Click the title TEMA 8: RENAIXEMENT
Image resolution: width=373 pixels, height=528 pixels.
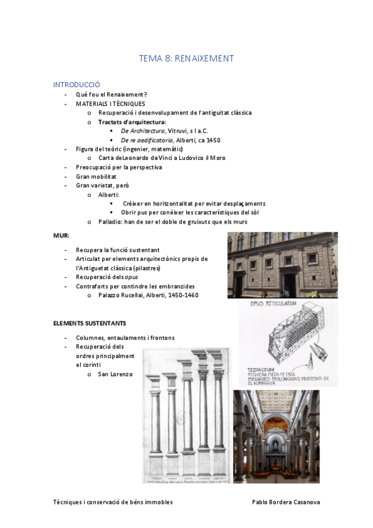pos(186,59)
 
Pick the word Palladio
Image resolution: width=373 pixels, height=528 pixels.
pos(110,222)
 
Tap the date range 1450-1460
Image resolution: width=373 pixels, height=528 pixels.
pos(182,295)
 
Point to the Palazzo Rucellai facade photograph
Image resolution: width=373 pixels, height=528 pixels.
pos(282,265)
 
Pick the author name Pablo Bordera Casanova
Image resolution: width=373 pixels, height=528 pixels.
pos(286,501)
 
